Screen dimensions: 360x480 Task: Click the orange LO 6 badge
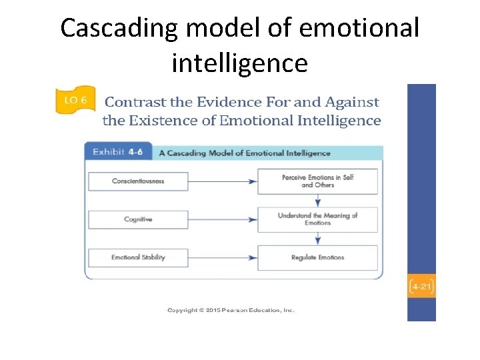click(75, 101)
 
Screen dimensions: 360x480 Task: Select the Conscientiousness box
click(138, 181)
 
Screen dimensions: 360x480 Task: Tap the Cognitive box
click(138, 219)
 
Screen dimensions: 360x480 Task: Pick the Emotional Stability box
click(138, 257)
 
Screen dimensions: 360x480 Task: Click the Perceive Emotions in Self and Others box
click(317, 181)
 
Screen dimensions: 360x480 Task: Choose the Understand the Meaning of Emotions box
click(317, 219)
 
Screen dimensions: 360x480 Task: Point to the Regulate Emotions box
click(317, 257)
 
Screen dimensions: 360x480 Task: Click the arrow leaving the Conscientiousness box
click(223, 181)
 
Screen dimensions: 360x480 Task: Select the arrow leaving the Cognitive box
click(223, 219)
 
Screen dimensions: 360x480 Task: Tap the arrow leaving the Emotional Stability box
click(223, 257)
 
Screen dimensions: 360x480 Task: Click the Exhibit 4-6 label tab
click(118, 152)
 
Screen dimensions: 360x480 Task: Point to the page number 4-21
click(421, 287)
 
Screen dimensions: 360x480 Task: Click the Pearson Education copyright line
click(231, 310)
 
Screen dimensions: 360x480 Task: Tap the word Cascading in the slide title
click(121, 29)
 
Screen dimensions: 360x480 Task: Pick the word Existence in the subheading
click(185, 121)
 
